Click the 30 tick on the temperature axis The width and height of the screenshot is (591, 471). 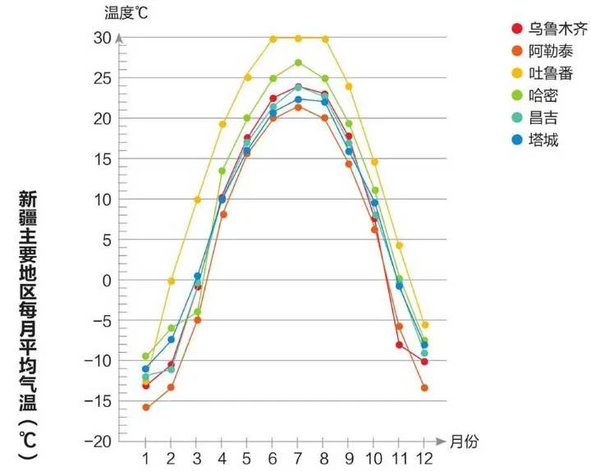click(x=101, y=38)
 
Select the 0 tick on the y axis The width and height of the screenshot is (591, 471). click(x=106, y=281)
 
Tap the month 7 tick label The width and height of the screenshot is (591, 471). click(x=298, y=457)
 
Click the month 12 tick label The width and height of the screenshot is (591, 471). click(x=424, y=457)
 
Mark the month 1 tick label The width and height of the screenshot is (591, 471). click(x=145, y=457)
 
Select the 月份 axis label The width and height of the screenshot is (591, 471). click(x=463, y=441)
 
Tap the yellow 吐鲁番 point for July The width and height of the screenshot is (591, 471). click(x=298, y=38)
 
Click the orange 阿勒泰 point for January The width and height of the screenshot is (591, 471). click(x=145, y=407)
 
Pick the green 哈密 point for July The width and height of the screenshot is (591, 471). click(x=298, y=62)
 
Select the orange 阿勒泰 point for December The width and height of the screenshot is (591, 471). click(x=424, y=387)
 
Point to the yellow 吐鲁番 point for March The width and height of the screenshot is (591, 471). click(x=197, y=199)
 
